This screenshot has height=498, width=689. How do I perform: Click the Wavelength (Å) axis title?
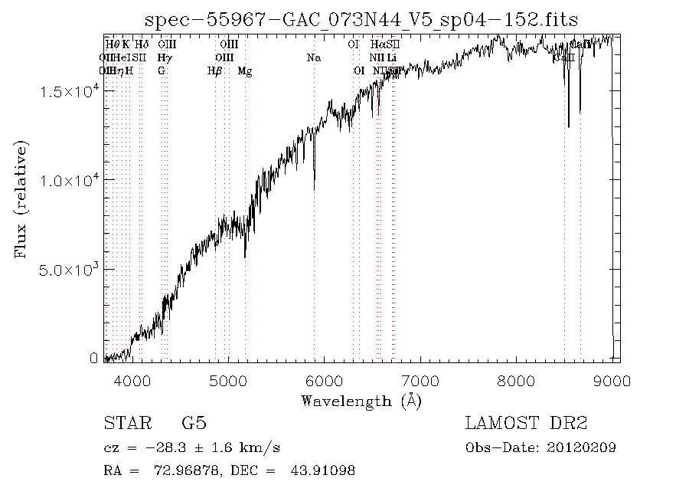(x=361, y=401)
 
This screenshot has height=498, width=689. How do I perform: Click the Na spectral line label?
(x=313, y=57)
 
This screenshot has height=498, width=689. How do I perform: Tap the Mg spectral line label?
(x=245, y=71)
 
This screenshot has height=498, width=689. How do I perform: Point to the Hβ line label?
(x=215, y=71)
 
